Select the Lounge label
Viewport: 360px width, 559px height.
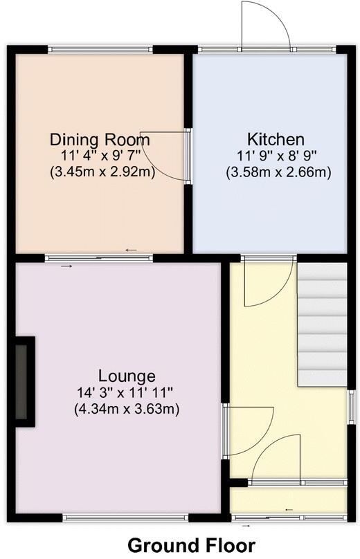tap(126, 376)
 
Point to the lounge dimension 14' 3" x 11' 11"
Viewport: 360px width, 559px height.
tap(126, 393)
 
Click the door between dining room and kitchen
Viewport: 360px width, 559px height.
tap(166, 156)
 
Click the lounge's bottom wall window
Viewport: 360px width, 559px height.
tap(125, 517)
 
